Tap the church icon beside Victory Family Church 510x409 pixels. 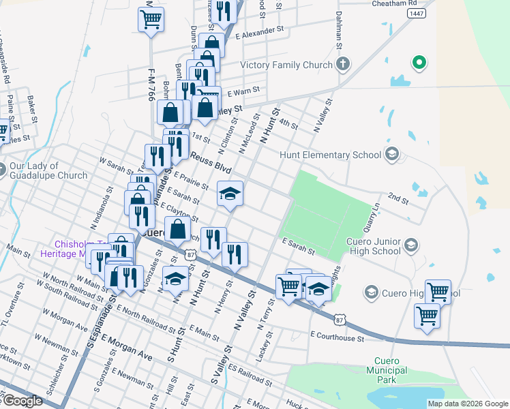(343, 65)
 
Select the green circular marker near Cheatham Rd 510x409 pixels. (419, 64)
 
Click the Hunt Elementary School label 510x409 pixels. (330, 155)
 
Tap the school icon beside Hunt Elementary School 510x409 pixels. (391, 155)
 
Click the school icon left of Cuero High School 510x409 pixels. (371, 293)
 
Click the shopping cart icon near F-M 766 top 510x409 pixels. (151, 18)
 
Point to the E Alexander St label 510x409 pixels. (259, 31)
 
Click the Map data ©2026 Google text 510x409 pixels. (467, 404)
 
